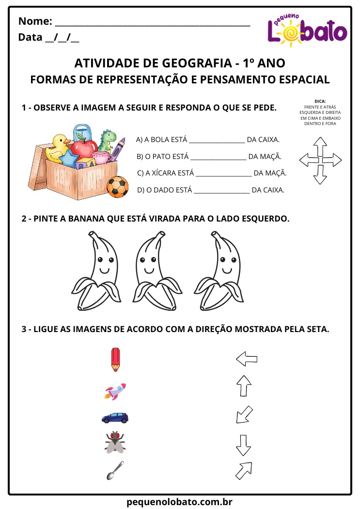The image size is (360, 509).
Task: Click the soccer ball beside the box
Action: (117, 187)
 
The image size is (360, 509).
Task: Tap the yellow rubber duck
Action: (58, 146)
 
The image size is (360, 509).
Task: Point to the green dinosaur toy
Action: (107, 140)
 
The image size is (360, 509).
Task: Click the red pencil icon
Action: (115, 359)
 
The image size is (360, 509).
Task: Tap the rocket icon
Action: (115, 391)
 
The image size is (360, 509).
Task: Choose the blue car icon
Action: (115, 417)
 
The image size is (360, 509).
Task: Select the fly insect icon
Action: (115, 442)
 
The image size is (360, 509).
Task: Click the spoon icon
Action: (115, 470)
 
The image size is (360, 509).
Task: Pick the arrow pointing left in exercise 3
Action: (246, 359)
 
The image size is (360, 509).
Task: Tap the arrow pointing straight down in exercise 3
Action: (243, 445)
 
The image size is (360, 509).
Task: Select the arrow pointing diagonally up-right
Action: (243, 470)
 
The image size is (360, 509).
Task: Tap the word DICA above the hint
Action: (320, 101)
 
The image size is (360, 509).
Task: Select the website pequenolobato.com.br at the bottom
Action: (180, 501)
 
